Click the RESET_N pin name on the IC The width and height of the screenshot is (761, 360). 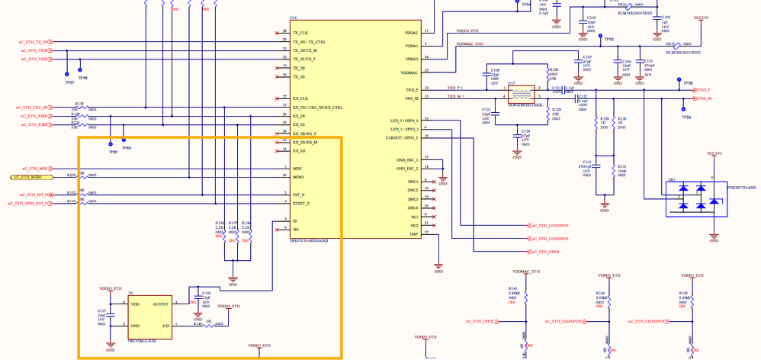(x=302, y=204)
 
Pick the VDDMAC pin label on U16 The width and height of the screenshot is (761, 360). (x=409, y=72)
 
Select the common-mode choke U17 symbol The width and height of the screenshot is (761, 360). (x=523, y=94)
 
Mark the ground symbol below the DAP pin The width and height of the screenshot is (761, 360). (x=438, y=268)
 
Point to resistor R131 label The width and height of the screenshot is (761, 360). (x=621, y=166)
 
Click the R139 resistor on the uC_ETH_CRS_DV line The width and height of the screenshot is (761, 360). (x=79, y=104)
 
